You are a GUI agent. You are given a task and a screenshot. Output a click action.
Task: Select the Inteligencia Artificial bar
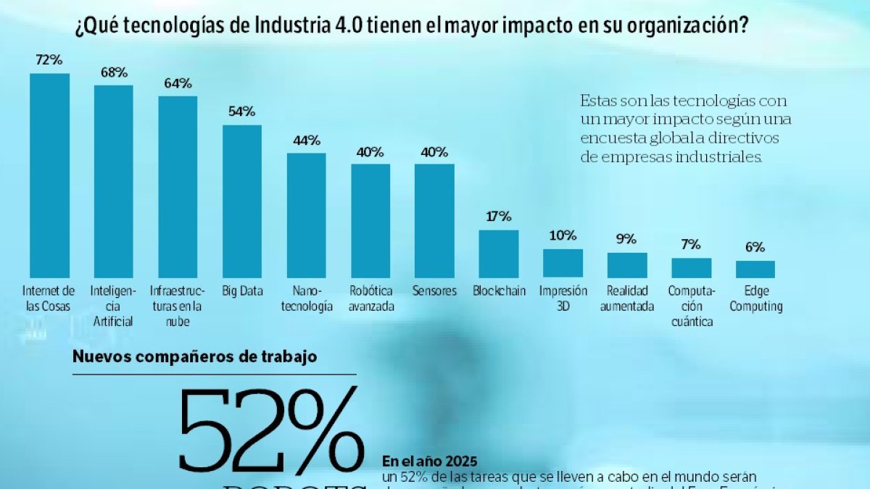[113, 182]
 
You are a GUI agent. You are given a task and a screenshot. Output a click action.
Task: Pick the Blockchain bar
[499, 254]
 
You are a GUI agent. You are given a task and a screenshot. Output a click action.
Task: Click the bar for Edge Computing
[755, 269]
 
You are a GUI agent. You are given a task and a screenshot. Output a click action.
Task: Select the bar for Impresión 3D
[563, 264]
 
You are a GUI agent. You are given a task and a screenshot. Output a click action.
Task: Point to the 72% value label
[49, 60]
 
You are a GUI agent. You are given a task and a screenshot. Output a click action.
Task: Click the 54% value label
[241, 112]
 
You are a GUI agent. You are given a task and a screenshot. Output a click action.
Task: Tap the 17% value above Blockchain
[499, 217]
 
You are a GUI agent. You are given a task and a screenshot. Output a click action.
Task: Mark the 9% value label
[626, 239]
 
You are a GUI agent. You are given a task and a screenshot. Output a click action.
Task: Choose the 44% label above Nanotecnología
[306, 141]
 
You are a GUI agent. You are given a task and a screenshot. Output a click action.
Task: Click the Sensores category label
[434, 291]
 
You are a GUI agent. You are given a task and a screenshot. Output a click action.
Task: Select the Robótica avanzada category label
[370, 298]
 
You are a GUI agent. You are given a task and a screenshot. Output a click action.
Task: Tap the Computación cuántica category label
[691, 306]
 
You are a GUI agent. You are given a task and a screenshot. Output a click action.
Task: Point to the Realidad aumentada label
[626, 298]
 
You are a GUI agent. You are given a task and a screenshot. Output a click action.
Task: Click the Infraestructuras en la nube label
[177, 306]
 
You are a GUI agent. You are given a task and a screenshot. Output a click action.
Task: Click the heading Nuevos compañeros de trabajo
[194, 356]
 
